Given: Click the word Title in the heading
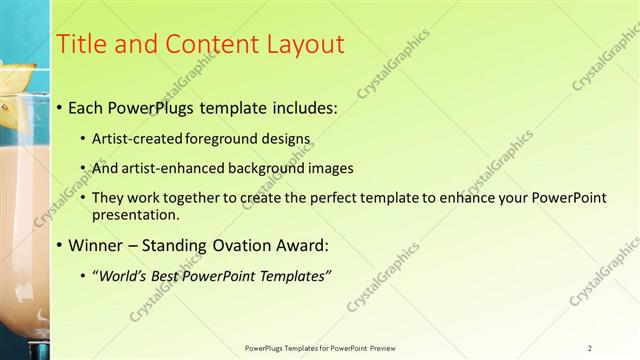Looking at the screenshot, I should [x=79, y=45].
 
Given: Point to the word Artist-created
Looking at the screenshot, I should [x=131, y=138].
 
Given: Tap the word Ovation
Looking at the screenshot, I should [x=238, y=245].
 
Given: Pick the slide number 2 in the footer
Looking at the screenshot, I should [x=590, y=348].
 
